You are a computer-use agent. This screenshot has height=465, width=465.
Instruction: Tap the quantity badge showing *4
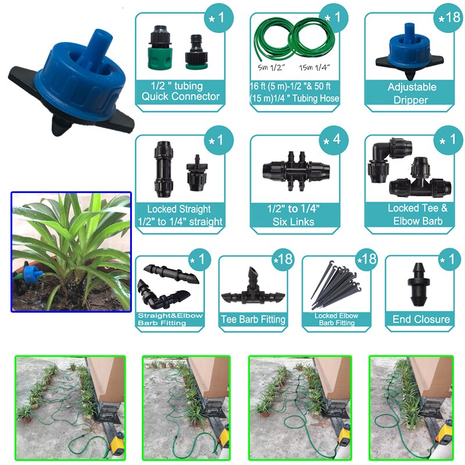coord(331,141)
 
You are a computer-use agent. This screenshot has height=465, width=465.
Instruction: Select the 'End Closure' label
coord(421,319)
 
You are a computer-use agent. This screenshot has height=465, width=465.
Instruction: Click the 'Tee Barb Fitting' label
coord(253,319)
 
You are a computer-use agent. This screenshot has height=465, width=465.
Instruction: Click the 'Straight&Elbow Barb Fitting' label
coord(169,319)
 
